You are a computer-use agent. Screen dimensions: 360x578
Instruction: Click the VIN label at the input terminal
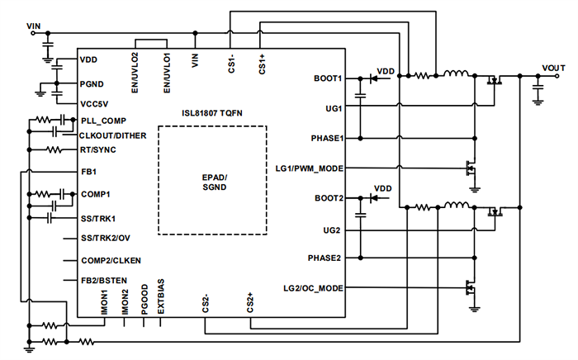34,26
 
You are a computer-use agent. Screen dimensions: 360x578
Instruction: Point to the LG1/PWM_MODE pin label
309,168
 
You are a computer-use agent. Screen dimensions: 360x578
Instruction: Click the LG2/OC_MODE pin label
311,287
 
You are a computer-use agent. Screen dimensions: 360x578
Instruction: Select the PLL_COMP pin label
102,120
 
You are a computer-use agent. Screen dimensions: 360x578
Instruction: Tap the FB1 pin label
88,172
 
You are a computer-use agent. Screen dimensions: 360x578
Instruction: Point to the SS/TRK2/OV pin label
105,238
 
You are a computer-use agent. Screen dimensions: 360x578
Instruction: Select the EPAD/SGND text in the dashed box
213,183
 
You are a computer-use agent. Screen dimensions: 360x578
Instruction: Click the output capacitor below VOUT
538,85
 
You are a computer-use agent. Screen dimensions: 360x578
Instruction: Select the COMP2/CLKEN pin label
110,259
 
